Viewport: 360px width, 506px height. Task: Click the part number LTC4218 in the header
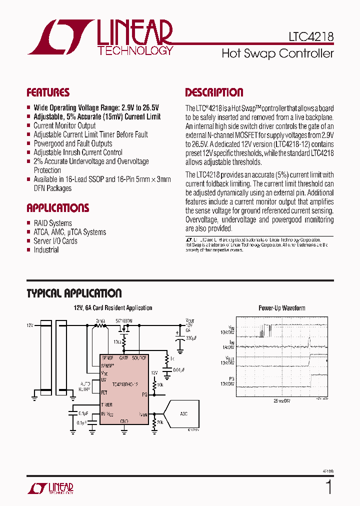[x=310, y=37]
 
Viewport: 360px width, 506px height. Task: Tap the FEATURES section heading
[x=48, y=92]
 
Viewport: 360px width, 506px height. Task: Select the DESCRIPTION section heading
[x=214, y=92]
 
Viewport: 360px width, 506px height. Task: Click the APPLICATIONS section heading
[x=57, y=208]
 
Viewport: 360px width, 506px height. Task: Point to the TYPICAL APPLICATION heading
[x=74, y=293]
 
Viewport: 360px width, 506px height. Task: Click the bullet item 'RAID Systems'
[x=52, y=223]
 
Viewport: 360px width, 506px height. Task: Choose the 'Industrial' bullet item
[x=46, y=250]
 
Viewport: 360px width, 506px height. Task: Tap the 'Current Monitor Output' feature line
[x=64, y=125]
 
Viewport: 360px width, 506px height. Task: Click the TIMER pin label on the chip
[x=107, y=404]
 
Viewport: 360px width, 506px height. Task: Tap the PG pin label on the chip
[x=144, y=394]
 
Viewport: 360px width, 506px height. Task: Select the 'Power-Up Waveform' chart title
[x=281, y=308]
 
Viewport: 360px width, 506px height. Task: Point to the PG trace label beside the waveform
[x=230, y=380]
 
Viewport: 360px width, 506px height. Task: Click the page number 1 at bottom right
[x=328, y=486]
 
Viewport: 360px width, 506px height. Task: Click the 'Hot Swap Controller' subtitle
[x=277, y=53]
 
